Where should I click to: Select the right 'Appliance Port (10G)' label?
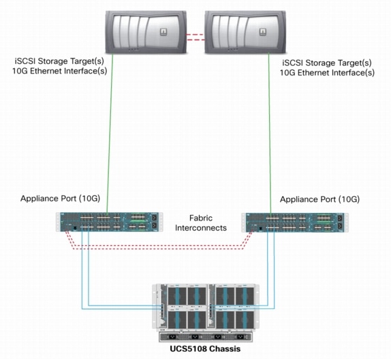(x=319, y=200)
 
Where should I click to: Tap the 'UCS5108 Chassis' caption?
(x=205, y=351)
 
